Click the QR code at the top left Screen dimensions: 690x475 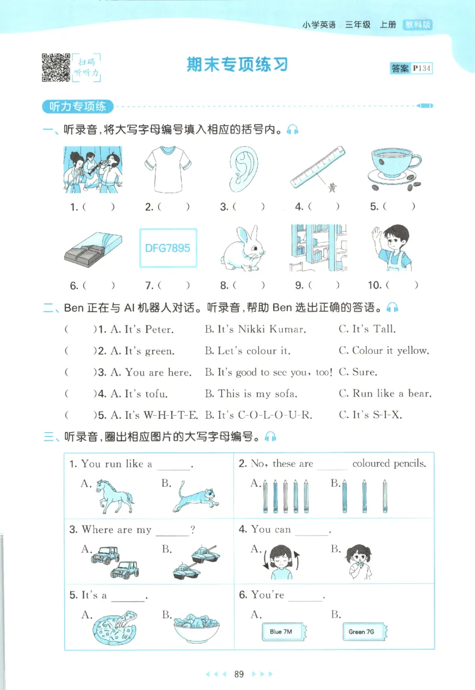pos(56,67)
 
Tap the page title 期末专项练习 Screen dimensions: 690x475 pos(237,65)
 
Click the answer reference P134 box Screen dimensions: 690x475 pos(411,68)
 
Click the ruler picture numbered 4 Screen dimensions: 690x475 pos(319,171)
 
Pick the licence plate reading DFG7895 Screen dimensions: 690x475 pos(168,248)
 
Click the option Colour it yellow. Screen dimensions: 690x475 pos(384,351)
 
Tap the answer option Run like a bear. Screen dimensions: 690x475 pos(385,394)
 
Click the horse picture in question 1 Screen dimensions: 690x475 pos(115,495)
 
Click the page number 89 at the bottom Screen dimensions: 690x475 pos(239,674)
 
